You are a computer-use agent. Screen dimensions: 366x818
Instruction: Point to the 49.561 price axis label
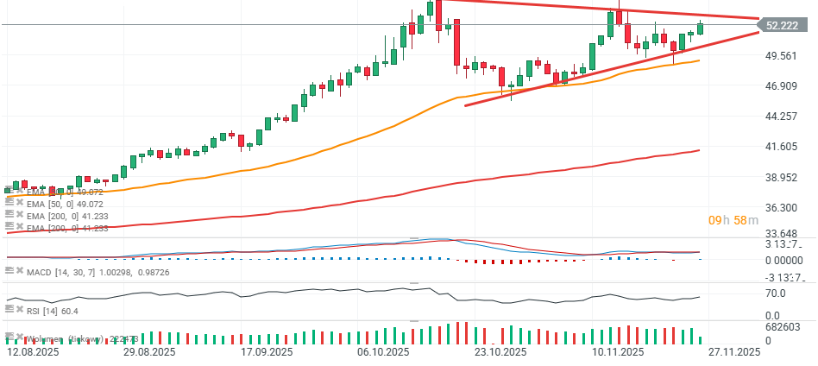[x=782, y=56]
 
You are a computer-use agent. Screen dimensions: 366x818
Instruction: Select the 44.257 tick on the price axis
[x=782, y=117]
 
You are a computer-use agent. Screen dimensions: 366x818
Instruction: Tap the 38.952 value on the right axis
[x=782, y=177]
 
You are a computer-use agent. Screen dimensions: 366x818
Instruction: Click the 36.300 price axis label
[x=782, y=208]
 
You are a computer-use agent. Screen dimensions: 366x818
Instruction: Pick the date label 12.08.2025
[x=33, y=352]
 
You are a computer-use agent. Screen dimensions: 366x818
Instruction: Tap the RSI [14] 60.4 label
[x=52, y=311]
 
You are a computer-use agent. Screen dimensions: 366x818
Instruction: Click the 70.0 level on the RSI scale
[x=774, y=293]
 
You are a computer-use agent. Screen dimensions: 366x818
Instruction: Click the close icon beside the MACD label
[x=20, y=272]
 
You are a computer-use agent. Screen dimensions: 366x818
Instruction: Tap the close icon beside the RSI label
[x=20, y=311]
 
